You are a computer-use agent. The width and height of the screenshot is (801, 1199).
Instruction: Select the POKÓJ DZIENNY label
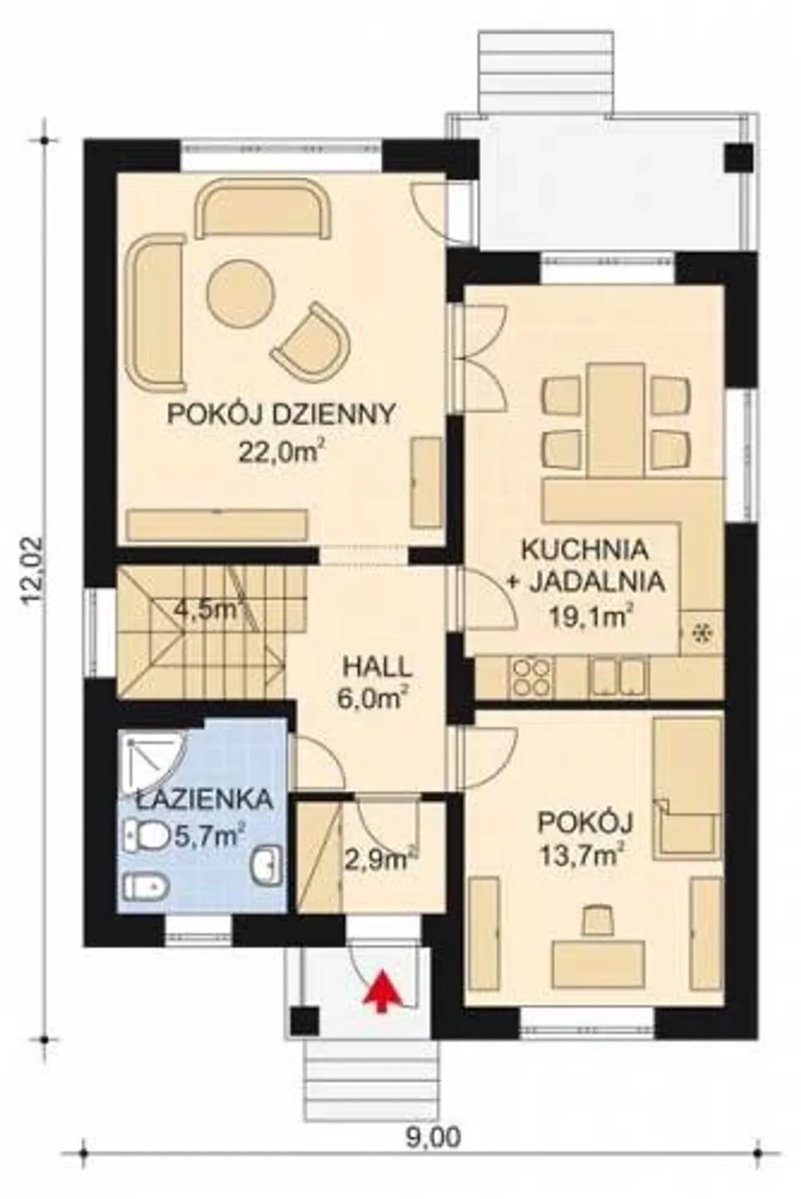(x=281, y=414)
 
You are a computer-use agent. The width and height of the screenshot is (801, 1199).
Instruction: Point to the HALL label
(x=377, y=667)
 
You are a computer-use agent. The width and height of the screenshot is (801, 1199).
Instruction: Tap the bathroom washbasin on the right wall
(x=268, y=866)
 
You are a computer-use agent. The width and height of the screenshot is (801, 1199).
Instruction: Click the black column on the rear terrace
(x=739, y=158)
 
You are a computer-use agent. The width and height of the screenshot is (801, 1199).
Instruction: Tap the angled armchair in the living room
(x=311, y=339)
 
